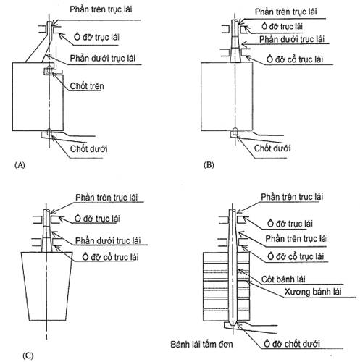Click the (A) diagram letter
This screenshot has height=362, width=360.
click(x=20, y=165)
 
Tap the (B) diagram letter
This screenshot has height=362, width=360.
click(x=209, y=165)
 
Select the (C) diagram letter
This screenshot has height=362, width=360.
click(x=28, y=355)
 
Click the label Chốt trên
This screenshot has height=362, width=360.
click(x=87, y=86)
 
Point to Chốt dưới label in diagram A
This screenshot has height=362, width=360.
click(x=88, y=148)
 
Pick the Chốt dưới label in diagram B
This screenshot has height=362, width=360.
click(x=272, y=148)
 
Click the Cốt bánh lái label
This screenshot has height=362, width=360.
click(x=283, y=279)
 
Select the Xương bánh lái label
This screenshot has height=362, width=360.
click(x=313, y=292)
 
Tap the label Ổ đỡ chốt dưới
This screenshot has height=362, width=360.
click(x=292, y=344)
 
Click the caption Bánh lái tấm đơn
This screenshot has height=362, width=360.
click(x=201, y=344)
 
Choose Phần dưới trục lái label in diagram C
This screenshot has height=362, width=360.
click(x=108, y=240)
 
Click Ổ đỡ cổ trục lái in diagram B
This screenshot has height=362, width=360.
click(x=295, y=59)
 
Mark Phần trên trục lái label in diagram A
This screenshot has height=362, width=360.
click(x=101, y=9)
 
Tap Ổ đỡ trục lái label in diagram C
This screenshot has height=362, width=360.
click(x=97, y=219)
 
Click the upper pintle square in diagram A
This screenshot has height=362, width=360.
click(x=48, y=71)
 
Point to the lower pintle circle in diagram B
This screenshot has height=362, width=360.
click(x=235, y=132)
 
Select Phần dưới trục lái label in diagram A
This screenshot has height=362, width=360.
click(x=102, y=59)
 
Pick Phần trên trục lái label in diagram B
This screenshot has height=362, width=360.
click(x=286, y=12)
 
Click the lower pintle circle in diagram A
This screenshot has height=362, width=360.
click(x=49, y=132)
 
